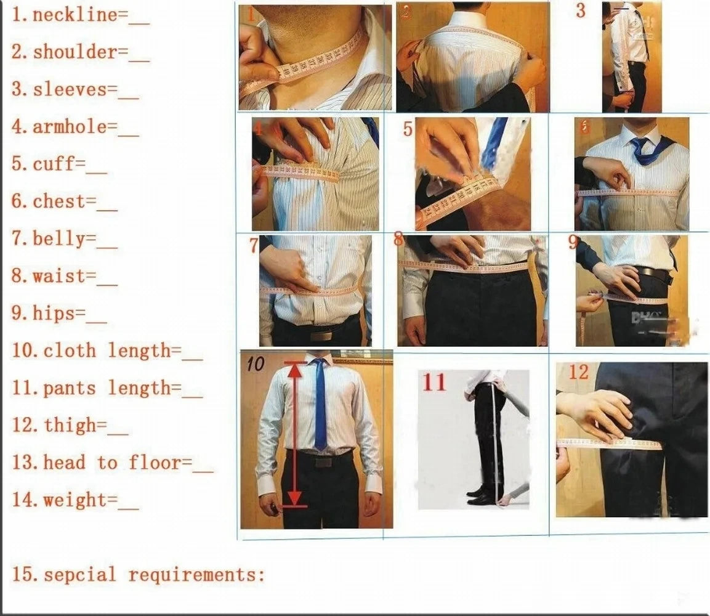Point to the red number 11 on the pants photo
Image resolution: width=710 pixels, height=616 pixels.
(x=434, y=382)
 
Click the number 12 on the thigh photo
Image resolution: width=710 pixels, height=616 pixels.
(x=578, y=372)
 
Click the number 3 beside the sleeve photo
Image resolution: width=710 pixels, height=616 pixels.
(x=580, y=10)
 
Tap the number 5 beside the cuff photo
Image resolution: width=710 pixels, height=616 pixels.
(x=408, y=129)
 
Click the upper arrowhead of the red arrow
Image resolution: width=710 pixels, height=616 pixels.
(x=296, y=368)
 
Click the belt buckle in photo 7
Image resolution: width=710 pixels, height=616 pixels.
(x=321, y=336)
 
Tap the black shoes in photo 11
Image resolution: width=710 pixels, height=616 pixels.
(x=480, y=496)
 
